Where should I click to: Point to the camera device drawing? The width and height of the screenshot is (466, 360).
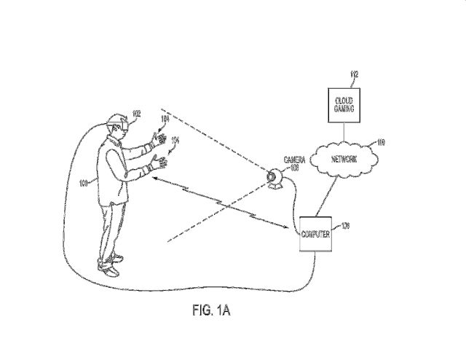(275, 177)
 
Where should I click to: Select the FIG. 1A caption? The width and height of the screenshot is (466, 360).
(210, 310)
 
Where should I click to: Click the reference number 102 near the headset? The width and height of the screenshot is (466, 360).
(135, 114)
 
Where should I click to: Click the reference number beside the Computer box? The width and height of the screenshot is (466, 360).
(345, 227)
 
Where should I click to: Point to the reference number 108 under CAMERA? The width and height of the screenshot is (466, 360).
(294, 167)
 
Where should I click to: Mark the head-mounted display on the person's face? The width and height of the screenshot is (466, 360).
(121, 124)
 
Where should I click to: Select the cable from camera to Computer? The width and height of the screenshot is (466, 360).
(295, 200)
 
